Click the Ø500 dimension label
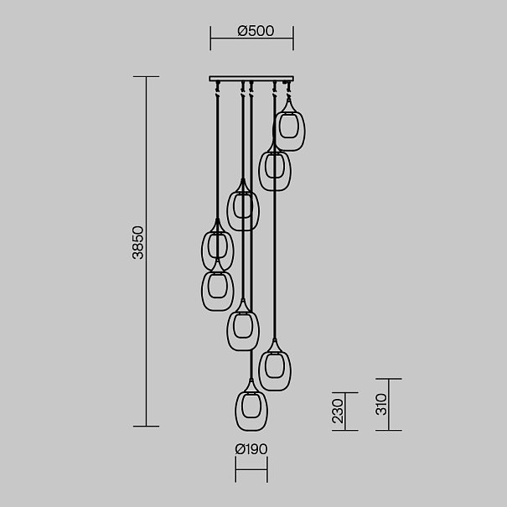pos(256,31)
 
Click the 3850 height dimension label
pos(138,242)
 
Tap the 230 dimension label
pos(337,411)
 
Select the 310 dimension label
pos(381,404)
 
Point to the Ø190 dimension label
pos(251,449)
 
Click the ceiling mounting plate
pos(251,79)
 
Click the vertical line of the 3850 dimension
pos(146,251)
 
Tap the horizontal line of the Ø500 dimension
pos(252,39)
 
